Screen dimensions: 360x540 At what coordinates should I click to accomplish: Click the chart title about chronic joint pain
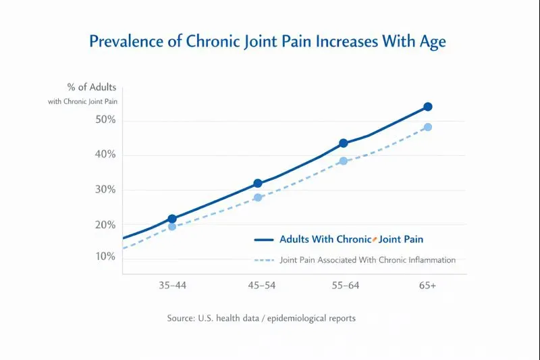(268, 41)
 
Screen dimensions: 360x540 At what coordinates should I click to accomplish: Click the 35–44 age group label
(172, 286)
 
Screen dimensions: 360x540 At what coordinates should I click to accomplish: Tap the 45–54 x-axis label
(261, 286)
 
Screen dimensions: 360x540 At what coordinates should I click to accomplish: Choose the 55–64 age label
(345, 286)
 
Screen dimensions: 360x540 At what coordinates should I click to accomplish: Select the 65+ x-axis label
(427, 286)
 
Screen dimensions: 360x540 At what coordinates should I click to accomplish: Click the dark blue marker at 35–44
(172, 219)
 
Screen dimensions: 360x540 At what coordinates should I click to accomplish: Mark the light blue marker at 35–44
(172, 227)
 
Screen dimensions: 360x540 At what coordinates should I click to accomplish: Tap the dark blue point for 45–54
(258, 183)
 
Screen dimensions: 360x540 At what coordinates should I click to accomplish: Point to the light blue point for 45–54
(258, 197)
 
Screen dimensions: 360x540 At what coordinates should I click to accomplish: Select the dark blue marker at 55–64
(344, 143)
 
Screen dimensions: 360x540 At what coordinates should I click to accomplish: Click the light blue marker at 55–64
(344, 161)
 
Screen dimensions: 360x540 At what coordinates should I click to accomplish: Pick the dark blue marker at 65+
(428, 107)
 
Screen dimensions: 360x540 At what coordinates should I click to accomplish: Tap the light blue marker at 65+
(428, 127)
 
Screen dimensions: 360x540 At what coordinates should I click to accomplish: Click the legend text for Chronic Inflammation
(367, 260)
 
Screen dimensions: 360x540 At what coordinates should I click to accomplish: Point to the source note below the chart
(261, 318)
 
